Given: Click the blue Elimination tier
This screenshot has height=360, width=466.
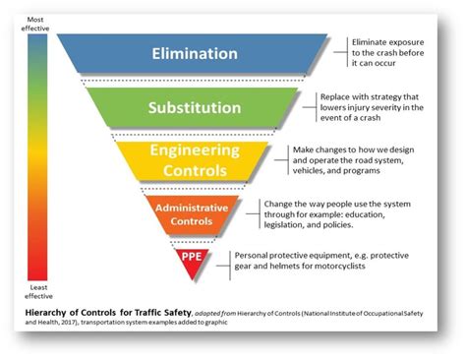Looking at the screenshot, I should pos(192,53).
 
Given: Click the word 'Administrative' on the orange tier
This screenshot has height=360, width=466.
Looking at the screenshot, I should pos(192,207).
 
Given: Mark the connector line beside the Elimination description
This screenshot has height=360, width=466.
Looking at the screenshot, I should pos(339,54).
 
